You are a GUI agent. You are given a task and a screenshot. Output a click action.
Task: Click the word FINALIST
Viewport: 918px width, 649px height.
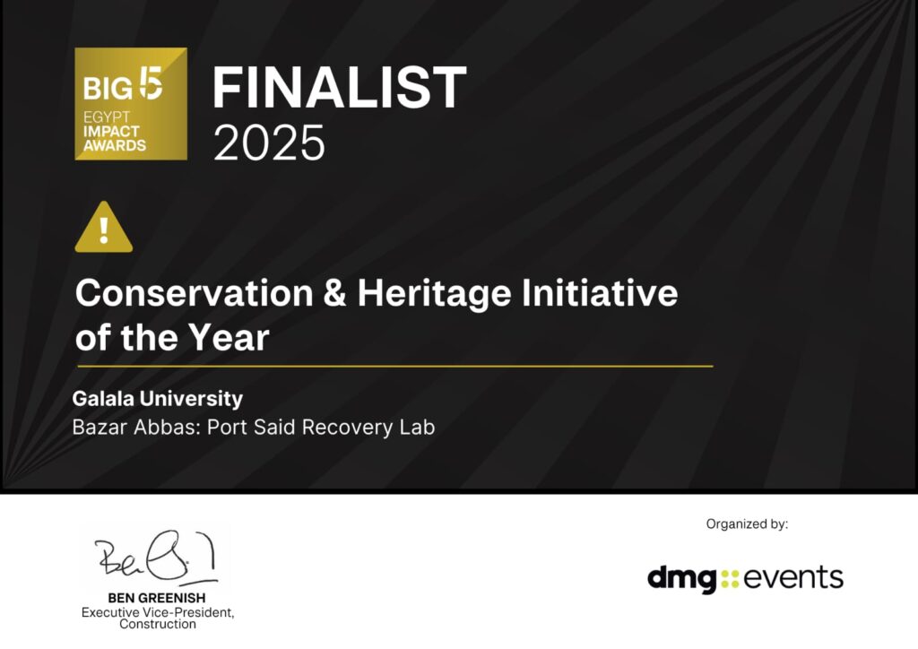click(x=339, y=87)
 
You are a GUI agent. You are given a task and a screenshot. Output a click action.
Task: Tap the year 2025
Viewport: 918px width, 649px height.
click(x=269, y=143)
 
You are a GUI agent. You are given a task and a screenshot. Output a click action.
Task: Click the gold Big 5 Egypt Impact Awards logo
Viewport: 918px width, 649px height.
click(x=131, y=104)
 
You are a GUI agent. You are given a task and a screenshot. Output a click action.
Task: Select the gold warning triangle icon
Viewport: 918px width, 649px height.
click(x=104, y=227)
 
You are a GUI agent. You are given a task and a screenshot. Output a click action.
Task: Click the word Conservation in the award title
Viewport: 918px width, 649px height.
click(x=195, y=292)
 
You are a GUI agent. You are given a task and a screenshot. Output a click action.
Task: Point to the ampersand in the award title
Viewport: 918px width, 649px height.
click(x=335, y=292)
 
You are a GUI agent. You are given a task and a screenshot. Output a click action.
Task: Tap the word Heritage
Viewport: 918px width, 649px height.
click(x=435, y=293)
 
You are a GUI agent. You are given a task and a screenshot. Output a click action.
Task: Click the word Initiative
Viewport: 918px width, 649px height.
click(x=600, y=292)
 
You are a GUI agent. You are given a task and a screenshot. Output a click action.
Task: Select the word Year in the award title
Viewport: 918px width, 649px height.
click(x=229, y=337)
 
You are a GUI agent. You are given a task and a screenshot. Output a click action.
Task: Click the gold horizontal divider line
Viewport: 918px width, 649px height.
click(x=395, y=367)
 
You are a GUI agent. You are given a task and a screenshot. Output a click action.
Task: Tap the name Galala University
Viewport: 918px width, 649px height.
click(x=158, y=399)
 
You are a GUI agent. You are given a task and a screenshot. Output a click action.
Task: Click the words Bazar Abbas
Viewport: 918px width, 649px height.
click(x=137, y=428)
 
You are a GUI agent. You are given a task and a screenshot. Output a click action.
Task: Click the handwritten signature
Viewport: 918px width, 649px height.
click(x=156, y=557)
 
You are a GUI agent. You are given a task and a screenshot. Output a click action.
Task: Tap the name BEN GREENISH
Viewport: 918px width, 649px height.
click(x=157, y=598)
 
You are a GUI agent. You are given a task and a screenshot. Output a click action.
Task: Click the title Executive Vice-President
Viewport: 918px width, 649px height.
click(x=158, y=612)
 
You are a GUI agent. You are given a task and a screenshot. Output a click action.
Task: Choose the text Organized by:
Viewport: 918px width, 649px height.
click(x=747, y=524)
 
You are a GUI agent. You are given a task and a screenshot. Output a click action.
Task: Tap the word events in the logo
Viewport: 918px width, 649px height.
click(x=793, y=577)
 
